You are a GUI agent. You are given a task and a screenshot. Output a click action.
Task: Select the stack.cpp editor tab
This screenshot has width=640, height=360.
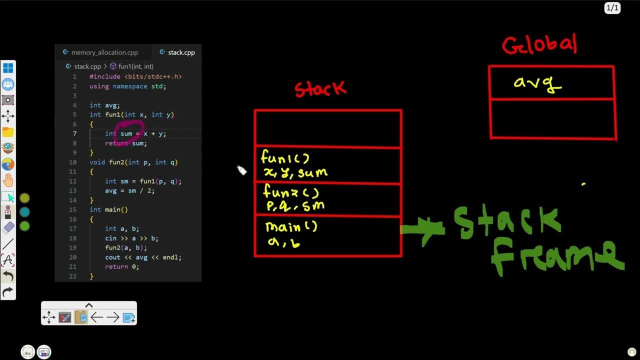[x=177, y=52]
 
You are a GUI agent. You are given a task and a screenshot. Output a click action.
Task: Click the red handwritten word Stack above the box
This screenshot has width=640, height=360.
[x=320, y=89]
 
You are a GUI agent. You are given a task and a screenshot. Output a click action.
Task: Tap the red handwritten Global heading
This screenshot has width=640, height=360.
[x=539, y=45]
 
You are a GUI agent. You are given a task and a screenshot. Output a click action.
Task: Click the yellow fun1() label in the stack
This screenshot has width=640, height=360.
[x=285, y=158]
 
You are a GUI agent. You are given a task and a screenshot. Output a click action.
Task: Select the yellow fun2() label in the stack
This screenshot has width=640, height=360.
[x=290, y=192]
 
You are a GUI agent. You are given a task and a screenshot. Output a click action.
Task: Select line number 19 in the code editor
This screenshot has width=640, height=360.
[x=73, y=248]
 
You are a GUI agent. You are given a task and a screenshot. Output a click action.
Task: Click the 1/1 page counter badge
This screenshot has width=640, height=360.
[x=612, y=8]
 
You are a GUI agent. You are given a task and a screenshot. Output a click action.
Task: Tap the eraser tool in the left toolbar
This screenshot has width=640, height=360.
[x=8, y=228]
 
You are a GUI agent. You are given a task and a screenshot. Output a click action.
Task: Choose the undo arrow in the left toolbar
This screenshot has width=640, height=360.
[x=8, y=276]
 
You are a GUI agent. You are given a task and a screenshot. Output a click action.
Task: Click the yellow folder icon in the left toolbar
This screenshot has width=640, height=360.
[x=8, y=132]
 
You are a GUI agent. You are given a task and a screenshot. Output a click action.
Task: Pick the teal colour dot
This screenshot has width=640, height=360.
[x=24, y=212]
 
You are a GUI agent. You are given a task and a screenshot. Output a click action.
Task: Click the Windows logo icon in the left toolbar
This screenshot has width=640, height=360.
[x=8, y=68]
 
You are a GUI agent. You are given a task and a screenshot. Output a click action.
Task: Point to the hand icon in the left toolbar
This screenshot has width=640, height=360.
[x=8, y=180]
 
